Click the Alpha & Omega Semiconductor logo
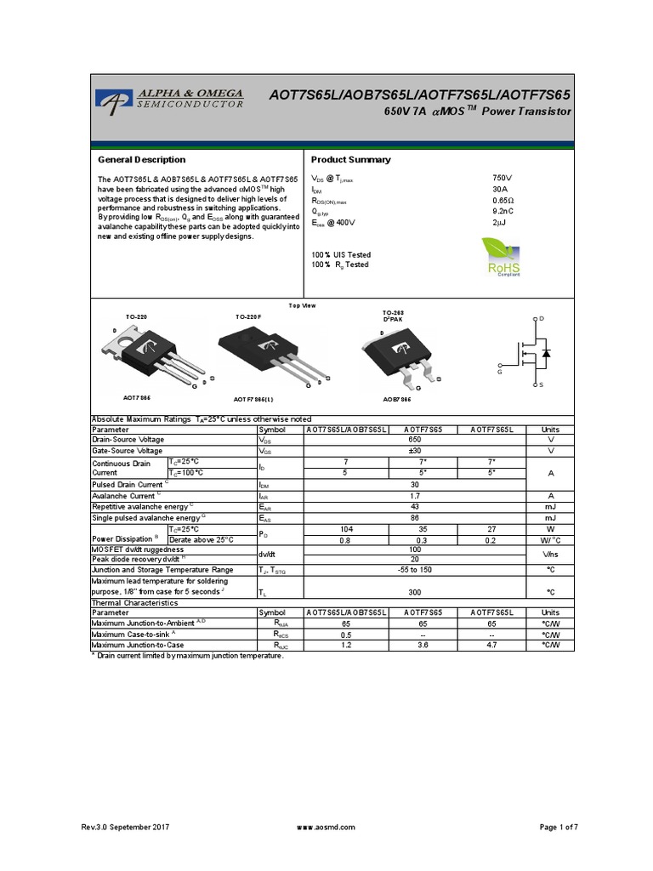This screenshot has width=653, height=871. pyautogui.click(x=170, y=98)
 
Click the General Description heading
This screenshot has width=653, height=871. pyautogui.click(x=142, y=160)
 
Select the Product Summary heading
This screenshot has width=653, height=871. pyautogui.click(x=351, y=160)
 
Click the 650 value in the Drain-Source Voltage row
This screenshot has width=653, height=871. pyautogui.click(x=416, y=441)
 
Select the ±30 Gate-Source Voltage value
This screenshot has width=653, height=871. pyautogui.click(x=416, y=451)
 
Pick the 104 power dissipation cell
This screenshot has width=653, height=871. pyautogui.click(x=345, y=528)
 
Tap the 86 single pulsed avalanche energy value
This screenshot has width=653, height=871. pyautogui.click(x=416, y=517)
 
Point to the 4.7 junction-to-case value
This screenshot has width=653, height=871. pyautogui.click(x=499, y=646)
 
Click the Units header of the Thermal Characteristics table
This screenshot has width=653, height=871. pyautogui.click(x=550, y=612)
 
